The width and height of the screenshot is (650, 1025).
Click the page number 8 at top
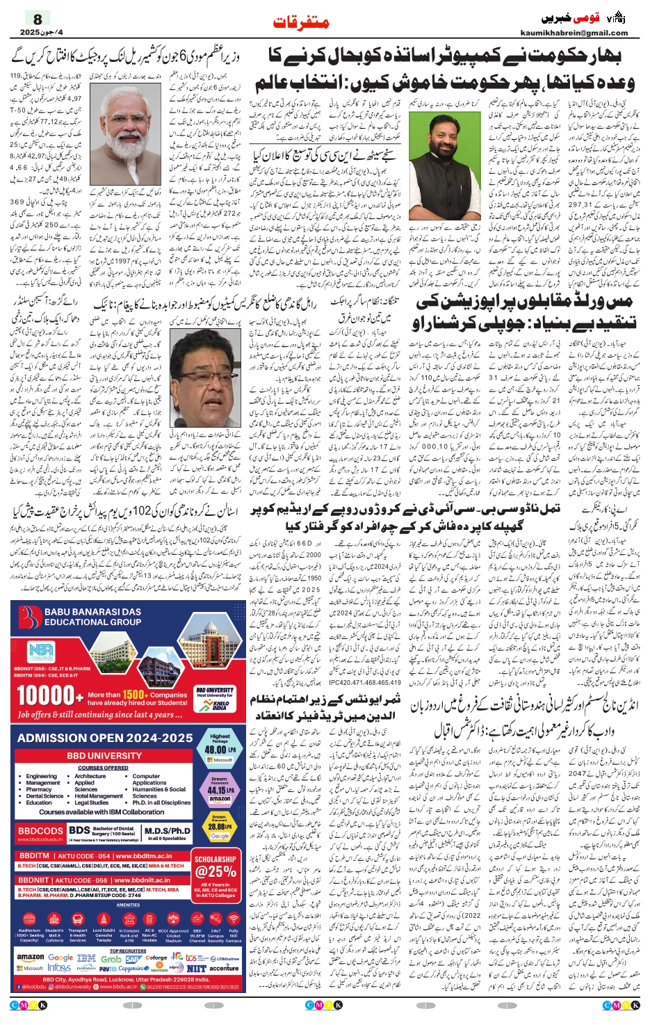click(38, 19)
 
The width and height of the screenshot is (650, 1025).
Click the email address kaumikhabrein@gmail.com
click(574, 33)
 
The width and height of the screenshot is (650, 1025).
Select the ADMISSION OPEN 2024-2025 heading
click(105, 738)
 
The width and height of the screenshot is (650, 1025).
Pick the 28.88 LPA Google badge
click(220, 827)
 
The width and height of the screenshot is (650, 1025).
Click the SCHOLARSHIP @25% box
click(216, 869)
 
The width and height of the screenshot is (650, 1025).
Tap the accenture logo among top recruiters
click(224, 968)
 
